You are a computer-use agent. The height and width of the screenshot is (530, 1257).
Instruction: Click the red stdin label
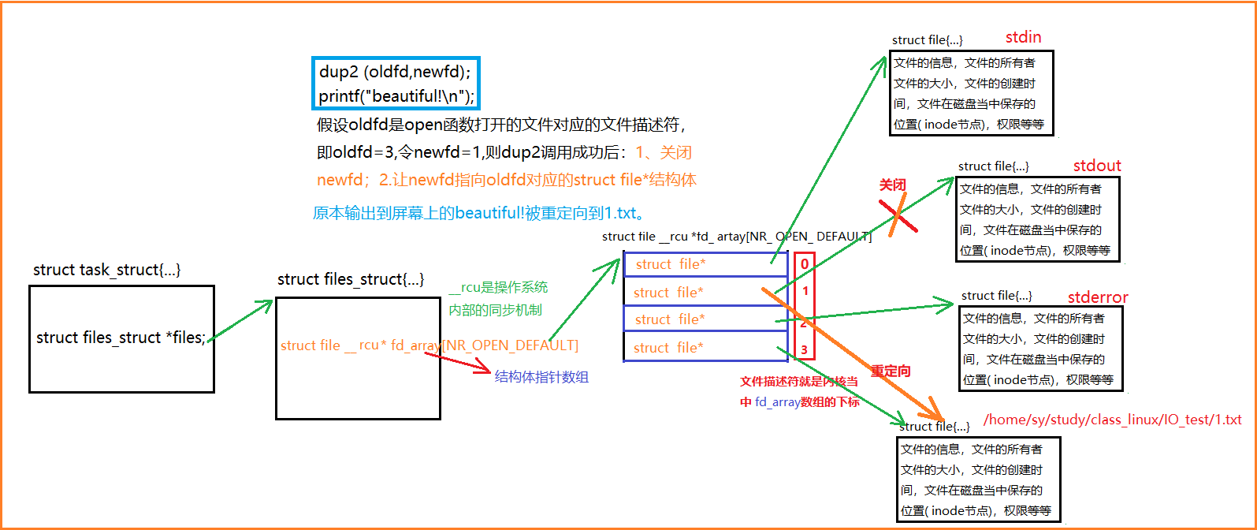(1023, 37)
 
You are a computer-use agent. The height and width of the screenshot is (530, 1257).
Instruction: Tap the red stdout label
(1096, 166)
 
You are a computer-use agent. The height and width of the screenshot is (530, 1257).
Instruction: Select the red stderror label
(1097, 297)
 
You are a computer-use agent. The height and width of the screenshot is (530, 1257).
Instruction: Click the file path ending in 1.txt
(1112, 420)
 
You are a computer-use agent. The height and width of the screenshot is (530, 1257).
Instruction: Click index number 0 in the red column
(804, 264)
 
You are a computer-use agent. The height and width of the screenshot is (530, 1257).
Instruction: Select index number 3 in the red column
(804, 349)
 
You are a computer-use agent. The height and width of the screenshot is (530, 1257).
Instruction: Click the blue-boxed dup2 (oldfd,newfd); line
(394, 72)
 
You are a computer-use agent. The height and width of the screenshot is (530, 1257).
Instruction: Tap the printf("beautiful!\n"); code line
(396, 96)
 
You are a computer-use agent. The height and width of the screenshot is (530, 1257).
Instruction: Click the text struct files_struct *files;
(121, 338)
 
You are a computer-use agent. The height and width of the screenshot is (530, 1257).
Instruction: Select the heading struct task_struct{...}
(106, 270)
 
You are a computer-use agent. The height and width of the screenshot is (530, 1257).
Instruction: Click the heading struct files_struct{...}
(351, 279)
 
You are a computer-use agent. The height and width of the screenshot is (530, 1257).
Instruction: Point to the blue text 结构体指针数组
(541, 377)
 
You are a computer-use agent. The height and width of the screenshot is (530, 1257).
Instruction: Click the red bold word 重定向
(891, 371)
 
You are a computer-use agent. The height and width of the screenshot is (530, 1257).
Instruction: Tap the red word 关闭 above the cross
(892, 185)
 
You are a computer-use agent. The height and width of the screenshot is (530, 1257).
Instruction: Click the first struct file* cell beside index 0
(670, 264)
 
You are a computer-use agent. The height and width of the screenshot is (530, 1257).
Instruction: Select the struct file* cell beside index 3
(668, 348)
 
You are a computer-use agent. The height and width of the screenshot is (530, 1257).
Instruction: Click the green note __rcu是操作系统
(498, 287)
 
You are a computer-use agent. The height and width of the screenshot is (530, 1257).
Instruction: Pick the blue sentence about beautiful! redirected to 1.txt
(479, 213)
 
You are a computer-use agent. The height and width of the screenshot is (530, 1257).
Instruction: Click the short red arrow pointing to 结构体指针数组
(459, 362)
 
